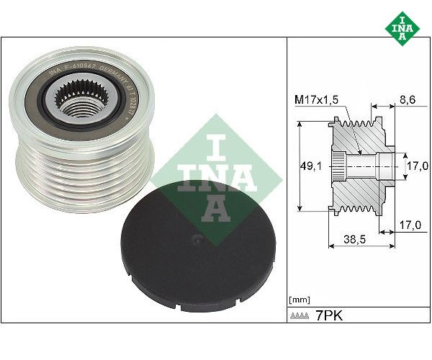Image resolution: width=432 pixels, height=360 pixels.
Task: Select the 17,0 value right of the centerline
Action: (x=416, y=166)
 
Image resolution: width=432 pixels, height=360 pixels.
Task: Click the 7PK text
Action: (x=330, y=315)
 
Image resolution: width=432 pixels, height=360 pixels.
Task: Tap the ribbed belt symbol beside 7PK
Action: (x=302, y=316)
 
